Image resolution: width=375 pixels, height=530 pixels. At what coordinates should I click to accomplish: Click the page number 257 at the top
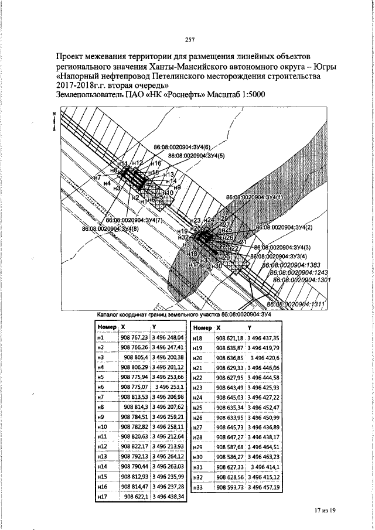189,40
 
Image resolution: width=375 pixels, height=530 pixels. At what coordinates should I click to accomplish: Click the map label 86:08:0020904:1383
295,265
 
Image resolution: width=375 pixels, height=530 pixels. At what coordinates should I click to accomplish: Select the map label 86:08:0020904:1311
296,304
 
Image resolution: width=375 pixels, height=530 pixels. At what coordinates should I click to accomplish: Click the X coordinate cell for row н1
134,338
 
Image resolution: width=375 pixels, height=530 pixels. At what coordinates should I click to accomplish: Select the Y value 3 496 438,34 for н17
168,497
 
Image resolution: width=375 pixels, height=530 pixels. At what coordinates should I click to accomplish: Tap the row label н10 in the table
101,428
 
